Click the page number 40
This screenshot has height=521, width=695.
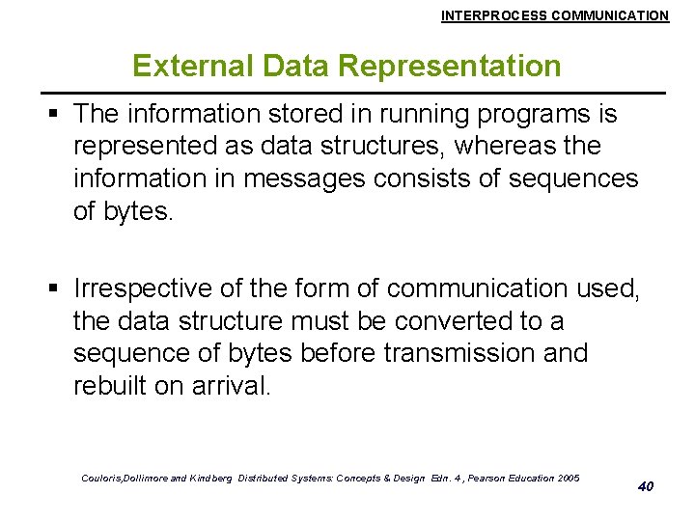(646, 486)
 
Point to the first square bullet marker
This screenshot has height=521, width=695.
(57, 115)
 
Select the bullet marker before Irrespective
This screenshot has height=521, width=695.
(57, 288)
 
